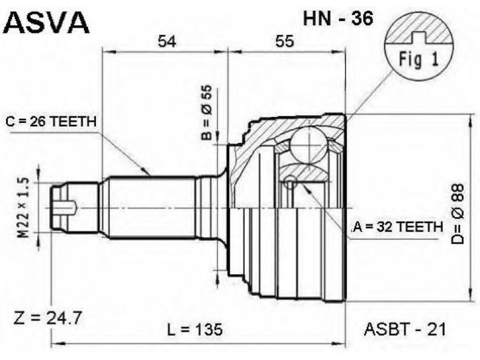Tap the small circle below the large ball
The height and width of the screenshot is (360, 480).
tap(290, 182)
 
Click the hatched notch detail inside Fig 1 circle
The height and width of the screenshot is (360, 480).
tap(418, 36)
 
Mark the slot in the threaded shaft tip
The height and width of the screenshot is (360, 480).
tap(67, 207)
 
